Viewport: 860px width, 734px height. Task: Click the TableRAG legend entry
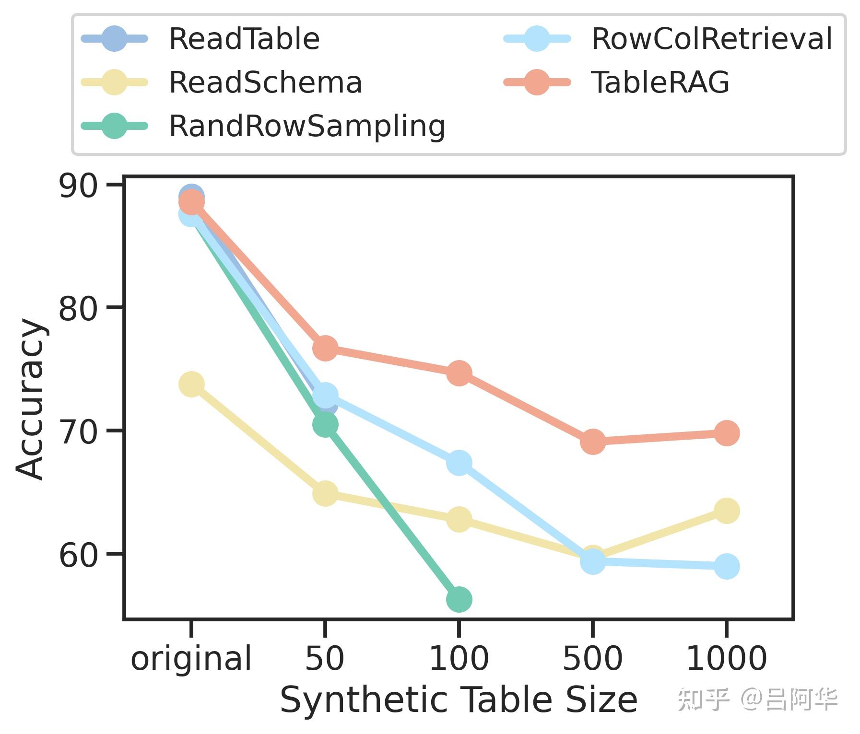click(660, 82)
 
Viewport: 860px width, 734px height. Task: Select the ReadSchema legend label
click(265, 82)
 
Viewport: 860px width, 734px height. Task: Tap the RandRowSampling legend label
click(307, 126)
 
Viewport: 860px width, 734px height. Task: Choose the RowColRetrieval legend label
click(712, 39)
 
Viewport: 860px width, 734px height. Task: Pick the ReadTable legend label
click(244, 39)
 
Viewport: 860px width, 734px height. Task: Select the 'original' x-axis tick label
click(191, 659)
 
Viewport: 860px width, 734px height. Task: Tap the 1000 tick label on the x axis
click(727, 659)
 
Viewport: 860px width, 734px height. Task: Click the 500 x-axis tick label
click(592, 659)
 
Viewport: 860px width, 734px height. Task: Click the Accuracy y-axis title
click(31, 399)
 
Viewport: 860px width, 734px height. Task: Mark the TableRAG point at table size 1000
click(727, 433)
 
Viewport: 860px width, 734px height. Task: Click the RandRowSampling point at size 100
click(459, 599)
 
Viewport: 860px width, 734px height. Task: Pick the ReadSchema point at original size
click(191, 384)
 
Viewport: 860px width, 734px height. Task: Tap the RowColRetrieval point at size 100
click(459, 463)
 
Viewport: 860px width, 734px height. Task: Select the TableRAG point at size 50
click(325, 348)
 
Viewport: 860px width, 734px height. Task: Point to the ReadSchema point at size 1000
click(727, 511)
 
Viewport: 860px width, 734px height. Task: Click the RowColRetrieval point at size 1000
click(727, 566)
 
